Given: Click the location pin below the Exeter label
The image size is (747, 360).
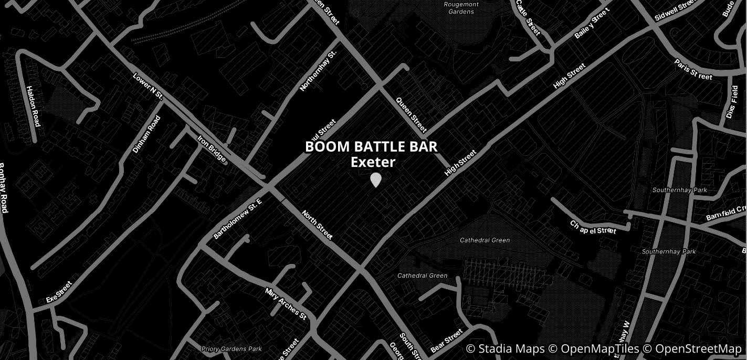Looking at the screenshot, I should coord(375,179).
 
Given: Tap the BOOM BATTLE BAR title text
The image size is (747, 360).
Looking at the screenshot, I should coord(371,147).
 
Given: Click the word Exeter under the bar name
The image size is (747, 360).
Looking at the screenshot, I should coord(373,162).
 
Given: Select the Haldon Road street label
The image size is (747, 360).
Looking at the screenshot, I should coord(33,107).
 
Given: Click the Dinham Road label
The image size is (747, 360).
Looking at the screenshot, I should coord(146,134).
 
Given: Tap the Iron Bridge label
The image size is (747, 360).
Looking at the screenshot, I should coord(212,150).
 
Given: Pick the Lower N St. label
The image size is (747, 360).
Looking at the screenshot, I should coord(149,87).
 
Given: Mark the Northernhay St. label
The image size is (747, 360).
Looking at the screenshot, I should coord(318,71).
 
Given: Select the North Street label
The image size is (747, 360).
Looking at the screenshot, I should coord(317,225).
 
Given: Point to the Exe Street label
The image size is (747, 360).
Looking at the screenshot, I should coord(59,292).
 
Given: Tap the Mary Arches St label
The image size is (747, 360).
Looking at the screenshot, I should coord(286,304).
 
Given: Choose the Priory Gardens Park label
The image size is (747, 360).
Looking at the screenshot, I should coord(232,349).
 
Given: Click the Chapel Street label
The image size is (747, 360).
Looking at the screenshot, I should coord(593,227).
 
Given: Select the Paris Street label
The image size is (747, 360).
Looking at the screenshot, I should coord(693,70).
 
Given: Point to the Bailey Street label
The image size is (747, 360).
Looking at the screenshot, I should coord(593,24).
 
